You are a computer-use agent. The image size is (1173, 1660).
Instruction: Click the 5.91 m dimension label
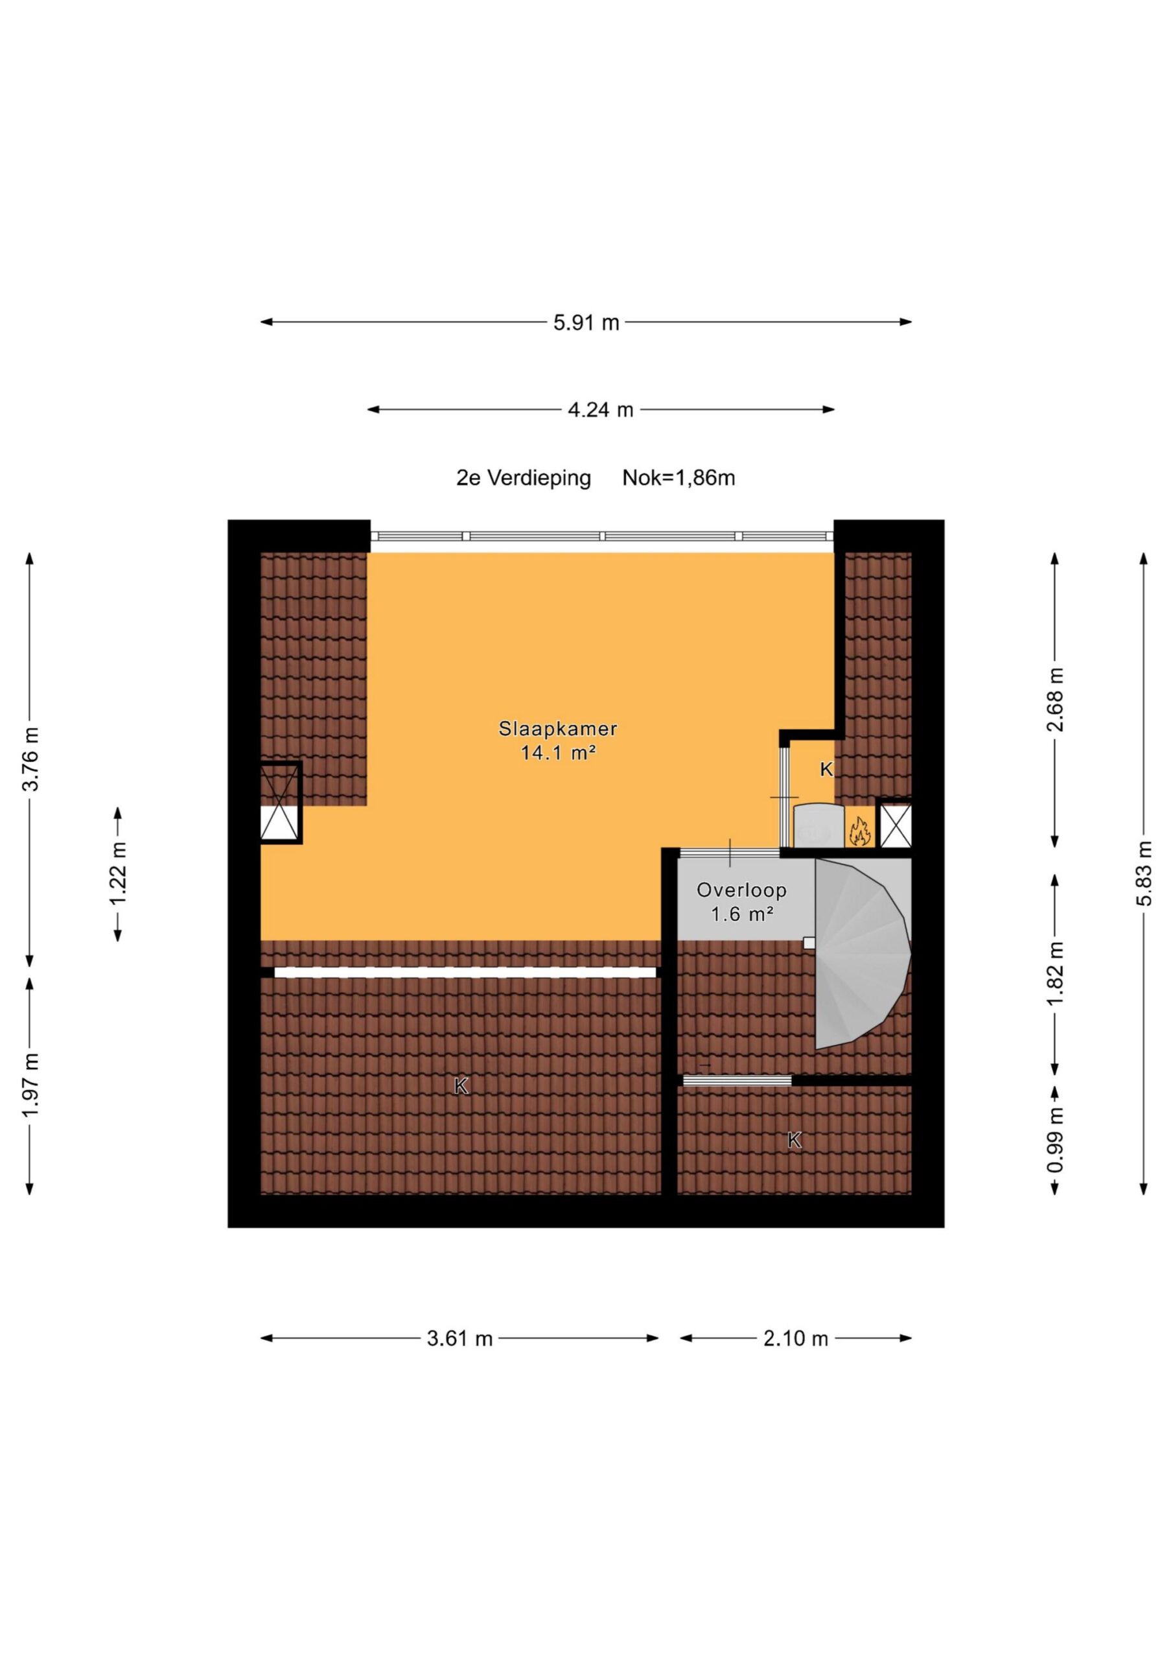coord(586,322)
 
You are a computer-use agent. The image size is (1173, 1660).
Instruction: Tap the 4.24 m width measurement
coord(601,410)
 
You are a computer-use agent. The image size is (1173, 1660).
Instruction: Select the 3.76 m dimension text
coord(31,759)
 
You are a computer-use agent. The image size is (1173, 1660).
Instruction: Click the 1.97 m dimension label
coord(31,1087)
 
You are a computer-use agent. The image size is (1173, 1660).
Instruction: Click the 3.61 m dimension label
coord(459,1339)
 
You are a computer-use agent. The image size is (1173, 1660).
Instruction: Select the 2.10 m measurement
coord(796,1339)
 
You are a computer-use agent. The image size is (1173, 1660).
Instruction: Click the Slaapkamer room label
coord(558,728)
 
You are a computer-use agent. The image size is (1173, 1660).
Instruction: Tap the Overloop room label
coord(741,890)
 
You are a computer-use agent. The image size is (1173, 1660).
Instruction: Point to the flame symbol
coord(859,831)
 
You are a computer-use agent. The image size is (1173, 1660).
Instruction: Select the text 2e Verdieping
coord(523,478)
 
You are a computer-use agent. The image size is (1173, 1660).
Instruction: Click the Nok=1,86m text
coord(679,478)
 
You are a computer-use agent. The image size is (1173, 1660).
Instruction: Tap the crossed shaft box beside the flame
coord(894,823)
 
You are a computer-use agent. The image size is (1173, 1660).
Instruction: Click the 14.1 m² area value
coord(558,753)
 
